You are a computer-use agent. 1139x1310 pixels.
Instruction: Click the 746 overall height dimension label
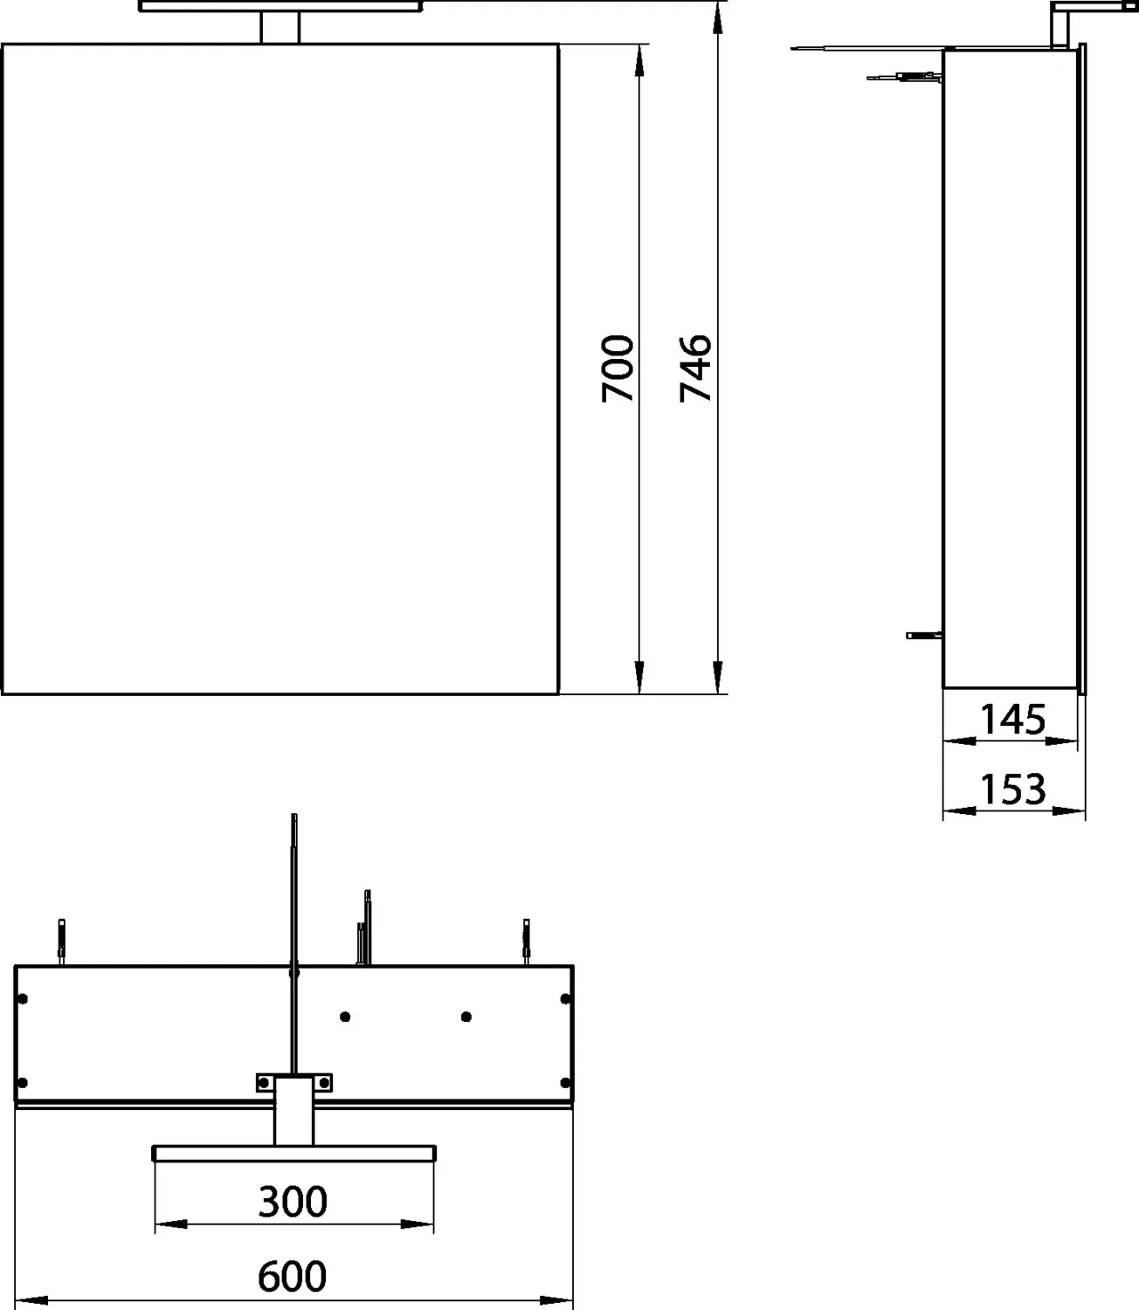click(x=695, y=368)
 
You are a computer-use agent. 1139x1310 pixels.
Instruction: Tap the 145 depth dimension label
click(x=1012, y=720)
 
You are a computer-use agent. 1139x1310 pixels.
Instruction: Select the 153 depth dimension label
click(x=1012, y=789)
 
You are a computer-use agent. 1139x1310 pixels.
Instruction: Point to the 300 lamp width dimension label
click(x=293, y=1202)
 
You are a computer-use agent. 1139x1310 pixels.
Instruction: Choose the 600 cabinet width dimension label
click(x=293, y=1276)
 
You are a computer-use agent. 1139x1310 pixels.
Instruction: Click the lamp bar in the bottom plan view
click(x=293, y=1153)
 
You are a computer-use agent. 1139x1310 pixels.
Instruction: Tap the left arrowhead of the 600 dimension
click(x=31, y=1299)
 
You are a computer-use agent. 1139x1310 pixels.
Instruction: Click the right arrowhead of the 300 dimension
click(x=419, y=1224)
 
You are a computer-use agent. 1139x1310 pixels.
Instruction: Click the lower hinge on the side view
click(x=924, y=635)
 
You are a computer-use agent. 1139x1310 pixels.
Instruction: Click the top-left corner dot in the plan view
click(x=24, y=998)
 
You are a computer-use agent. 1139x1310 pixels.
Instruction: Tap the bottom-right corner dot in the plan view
click(x=565, y=1083)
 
